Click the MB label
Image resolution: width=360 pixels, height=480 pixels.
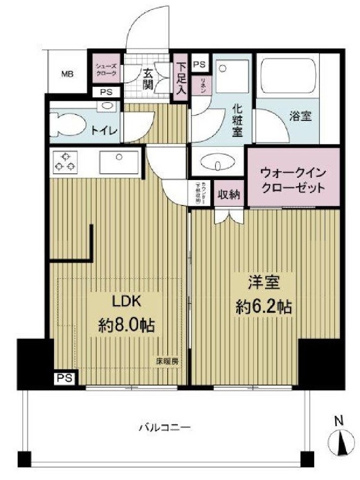(x=68, y=74)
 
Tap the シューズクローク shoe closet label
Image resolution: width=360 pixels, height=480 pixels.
(x=106, y=70)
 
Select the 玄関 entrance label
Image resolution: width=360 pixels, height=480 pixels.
(x=148, y=79)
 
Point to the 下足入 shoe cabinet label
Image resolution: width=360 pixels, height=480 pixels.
(x=180, y=78)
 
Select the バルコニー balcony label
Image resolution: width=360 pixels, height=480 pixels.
(x=165, y=427)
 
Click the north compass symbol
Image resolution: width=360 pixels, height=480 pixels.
(x=341, y=441)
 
